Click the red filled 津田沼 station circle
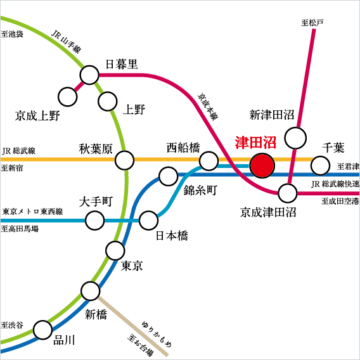(x=262, y=165)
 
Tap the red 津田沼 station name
(x=255, y=143)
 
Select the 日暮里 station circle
(x=89, y=75)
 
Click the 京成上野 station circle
(x=67, y=97)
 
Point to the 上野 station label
(x=134, y=109)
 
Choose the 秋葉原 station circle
(x=124, y=160)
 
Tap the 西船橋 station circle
(x=209, y=161)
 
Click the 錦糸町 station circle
(x=169, y=176)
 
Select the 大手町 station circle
(x=94, y=221)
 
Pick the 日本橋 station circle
(x=149, y=221)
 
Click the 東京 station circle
(x=115, y=250)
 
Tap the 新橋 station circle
(x=91, y=291)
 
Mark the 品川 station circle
(x=42, y=330)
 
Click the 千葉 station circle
(x=320, y=165)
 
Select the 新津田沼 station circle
(x=295, y=138)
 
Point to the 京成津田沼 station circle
(x=288, y=193)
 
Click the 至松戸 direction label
(x=312, y=23)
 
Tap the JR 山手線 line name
(x=66, y=42)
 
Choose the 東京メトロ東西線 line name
(x=32, y=212)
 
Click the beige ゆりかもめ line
(x=132, y=326)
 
